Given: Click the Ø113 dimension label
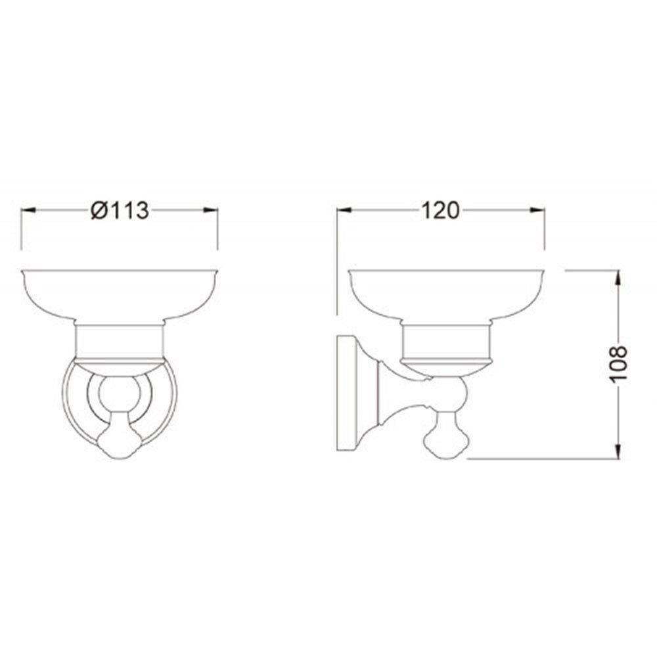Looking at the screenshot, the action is click(x=120, y=210).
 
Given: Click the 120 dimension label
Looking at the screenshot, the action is click(x=440, y=210).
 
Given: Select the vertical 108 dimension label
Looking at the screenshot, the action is click(x=618, y=363).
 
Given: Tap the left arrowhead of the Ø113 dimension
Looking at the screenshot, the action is click(x=28, y=210).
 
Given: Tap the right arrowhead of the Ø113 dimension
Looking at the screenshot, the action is click(x=211, y=210).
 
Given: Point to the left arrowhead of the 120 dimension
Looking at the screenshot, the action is click(x=344, y=210).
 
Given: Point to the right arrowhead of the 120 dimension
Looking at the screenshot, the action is click(x=537, y=210).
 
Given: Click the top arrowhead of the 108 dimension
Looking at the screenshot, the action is click(x=618, y=278).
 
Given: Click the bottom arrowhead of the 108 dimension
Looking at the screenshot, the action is click(x=618, y=451).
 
